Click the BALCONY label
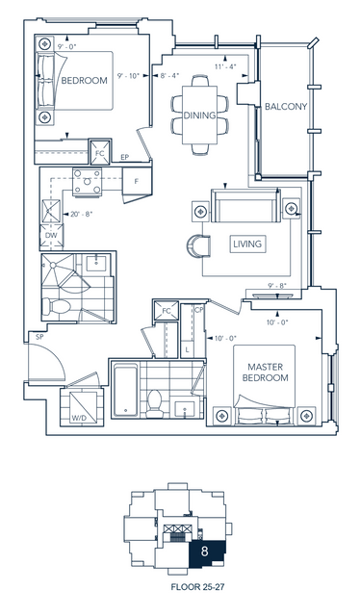coord(286,107)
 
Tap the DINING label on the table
coord(199,115)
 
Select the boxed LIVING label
coord(247,244)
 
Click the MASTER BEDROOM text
coord(266,372)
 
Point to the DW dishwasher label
coord(51,235)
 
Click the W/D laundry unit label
coord(79,419)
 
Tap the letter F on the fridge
coord(137,182)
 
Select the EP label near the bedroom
coord(124,157)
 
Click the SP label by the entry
coord(39,337)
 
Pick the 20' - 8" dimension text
coord(82,214)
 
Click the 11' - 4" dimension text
coord(225,66)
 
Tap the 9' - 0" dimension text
coord(66,46)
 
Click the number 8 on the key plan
coord(204,552)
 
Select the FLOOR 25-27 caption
coord(197,587)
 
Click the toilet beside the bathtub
coord(154,404)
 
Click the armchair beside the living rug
coord(198,246)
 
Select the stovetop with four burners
coord(87,182)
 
